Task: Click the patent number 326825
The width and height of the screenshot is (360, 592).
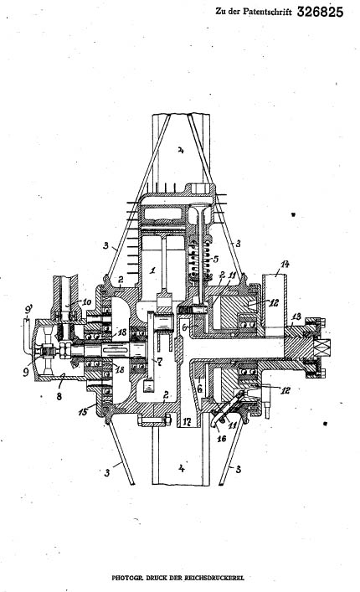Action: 320,12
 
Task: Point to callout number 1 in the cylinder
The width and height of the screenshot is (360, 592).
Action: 152,270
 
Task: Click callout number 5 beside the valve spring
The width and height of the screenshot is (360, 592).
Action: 216,259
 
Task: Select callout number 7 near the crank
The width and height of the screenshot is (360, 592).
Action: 160,362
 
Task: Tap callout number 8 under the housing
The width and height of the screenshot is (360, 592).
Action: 59,396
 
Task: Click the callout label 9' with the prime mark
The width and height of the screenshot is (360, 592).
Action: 28,311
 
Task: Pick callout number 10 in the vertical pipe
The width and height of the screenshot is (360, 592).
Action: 86,301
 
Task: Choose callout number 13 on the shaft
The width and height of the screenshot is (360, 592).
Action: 297,317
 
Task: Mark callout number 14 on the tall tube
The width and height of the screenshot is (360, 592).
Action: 285,265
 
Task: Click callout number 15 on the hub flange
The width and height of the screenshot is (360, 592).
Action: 83,411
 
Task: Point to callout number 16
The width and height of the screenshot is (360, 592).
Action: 221,438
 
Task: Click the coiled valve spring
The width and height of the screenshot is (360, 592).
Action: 199,261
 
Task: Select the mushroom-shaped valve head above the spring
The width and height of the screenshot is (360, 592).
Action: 201,207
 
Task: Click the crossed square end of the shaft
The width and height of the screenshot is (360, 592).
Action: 323,347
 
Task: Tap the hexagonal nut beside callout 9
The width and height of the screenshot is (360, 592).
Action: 64,349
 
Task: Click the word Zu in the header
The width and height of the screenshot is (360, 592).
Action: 220,12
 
